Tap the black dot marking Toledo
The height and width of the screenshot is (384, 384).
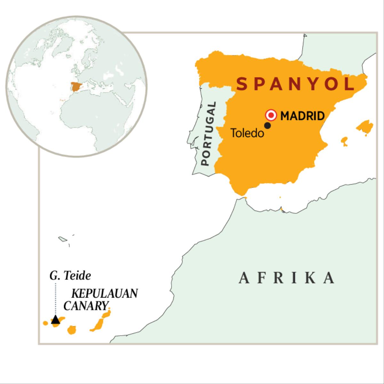[268, 126]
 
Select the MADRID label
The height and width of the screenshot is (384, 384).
[302, 116]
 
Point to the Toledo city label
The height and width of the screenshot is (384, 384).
[247, 133]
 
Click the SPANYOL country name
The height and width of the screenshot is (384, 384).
[296, 84]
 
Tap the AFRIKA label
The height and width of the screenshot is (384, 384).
[287, 278]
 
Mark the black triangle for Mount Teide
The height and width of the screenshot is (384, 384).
[56, 319]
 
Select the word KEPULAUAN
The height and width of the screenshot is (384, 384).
[105, 294]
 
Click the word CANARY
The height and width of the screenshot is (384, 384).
[85, 306]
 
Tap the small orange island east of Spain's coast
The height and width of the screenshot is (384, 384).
[344, 141]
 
